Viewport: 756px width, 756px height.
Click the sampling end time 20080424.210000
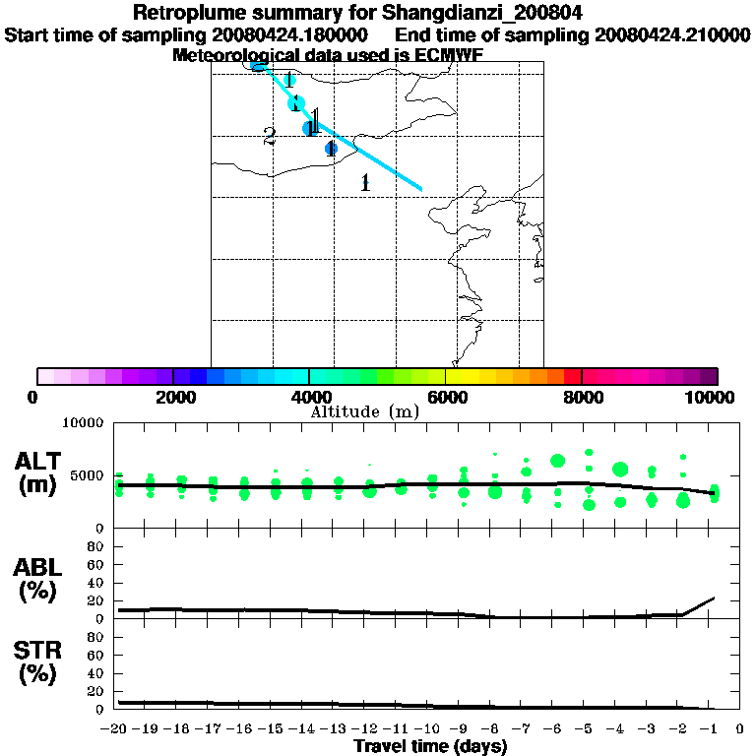[666, 34]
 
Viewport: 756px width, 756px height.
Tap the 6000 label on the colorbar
[446, 397]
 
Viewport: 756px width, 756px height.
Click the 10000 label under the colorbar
[709, 397]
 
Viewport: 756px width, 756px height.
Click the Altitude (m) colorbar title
[364, 411]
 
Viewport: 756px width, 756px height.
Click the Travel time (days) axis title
[430, 747]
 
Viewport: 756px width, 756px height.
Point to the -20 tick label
[117, 729]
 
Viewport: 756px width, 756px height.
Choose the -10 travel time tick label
[429, 729]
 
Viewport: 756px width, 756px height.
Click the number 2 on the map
[269, 138]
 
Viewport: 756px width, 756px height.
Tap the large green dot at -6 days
[557, 461]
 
